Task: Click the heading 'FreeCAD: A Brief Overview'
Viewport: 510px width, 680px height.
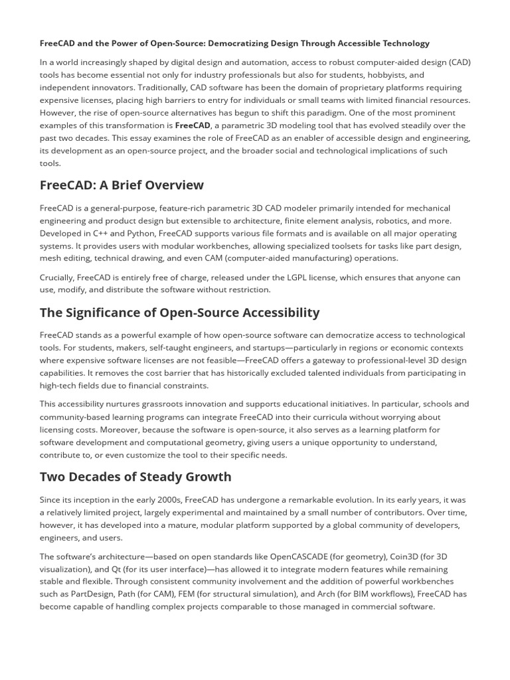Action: (122, 185)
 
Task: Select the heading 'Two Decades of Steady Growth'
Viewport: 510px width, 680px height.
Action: (135, 477)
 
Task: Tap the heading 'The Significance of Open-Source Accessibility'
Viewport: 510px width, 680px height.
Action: (179, 312)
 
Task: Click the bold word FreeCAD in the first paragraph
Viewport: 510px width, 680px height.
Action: (193, 126)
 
